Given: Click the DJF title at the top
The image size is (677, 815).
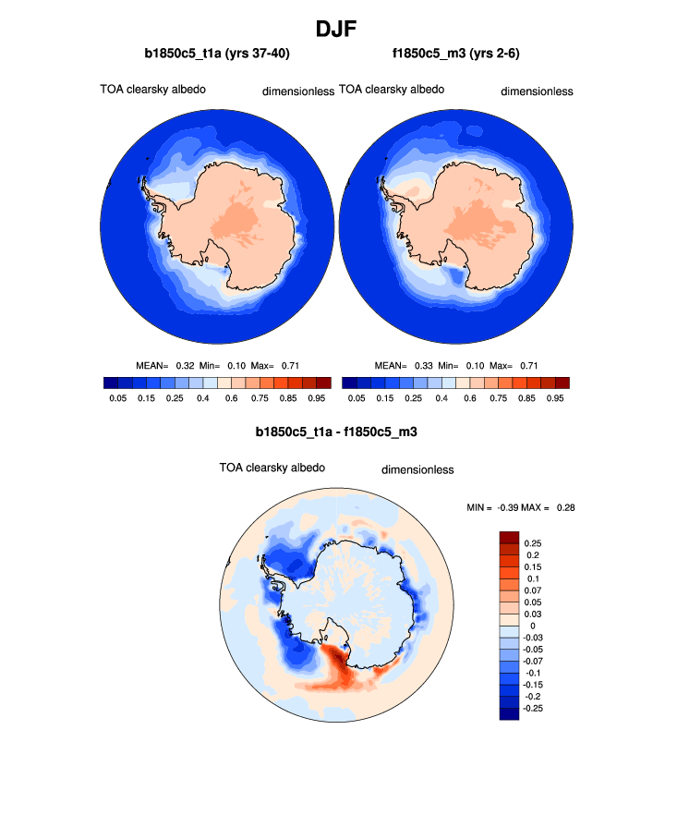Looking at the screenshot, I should tap(338, 29).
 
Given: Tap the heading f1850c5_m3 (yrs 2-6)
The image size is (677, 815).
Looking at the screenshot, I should tap(457, 54).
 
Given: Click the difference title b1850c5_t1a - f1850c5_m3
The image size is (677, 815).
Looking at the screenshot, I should tap(338, 432).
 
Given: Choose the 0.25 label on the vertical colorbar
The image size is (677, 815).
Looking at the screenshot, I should tap(534, 543).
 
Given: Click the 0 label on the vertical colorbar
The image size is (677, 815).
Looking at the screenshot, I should tap(533, 626).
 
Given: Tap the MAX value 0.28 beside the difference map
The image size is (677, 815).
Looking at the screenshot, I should tap(566, 508).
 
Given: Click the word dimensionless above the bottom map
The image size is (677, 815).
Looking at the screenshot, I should tap(417, 469).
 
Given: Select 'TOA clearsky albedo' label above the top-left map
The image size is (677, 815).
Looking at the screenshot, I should tap(152, 90).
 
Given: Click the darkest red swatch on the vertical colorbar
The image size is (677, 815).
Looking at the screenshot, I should tap(509, 537).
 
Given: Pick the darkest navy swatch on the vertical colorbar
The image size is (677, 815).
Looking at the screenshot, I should tap(509, 712).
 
